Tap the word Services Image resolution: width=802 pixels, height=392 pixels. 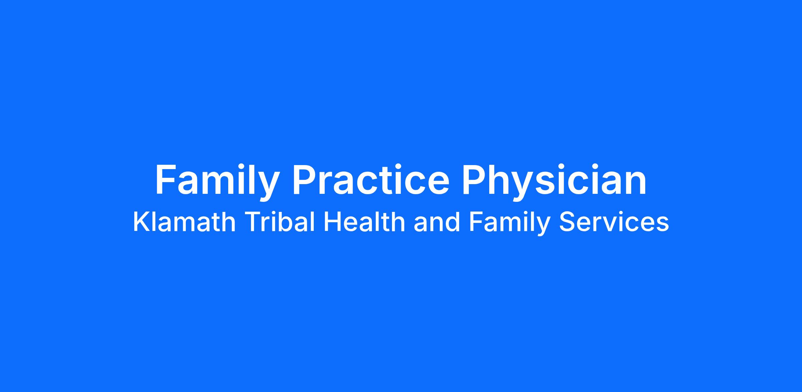(x=614, y=222)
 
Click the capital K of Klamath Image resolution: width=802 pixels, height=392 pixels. (x=141, y=222)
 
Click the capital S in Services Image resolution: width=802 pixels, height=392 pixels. (x=567, y=222)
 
